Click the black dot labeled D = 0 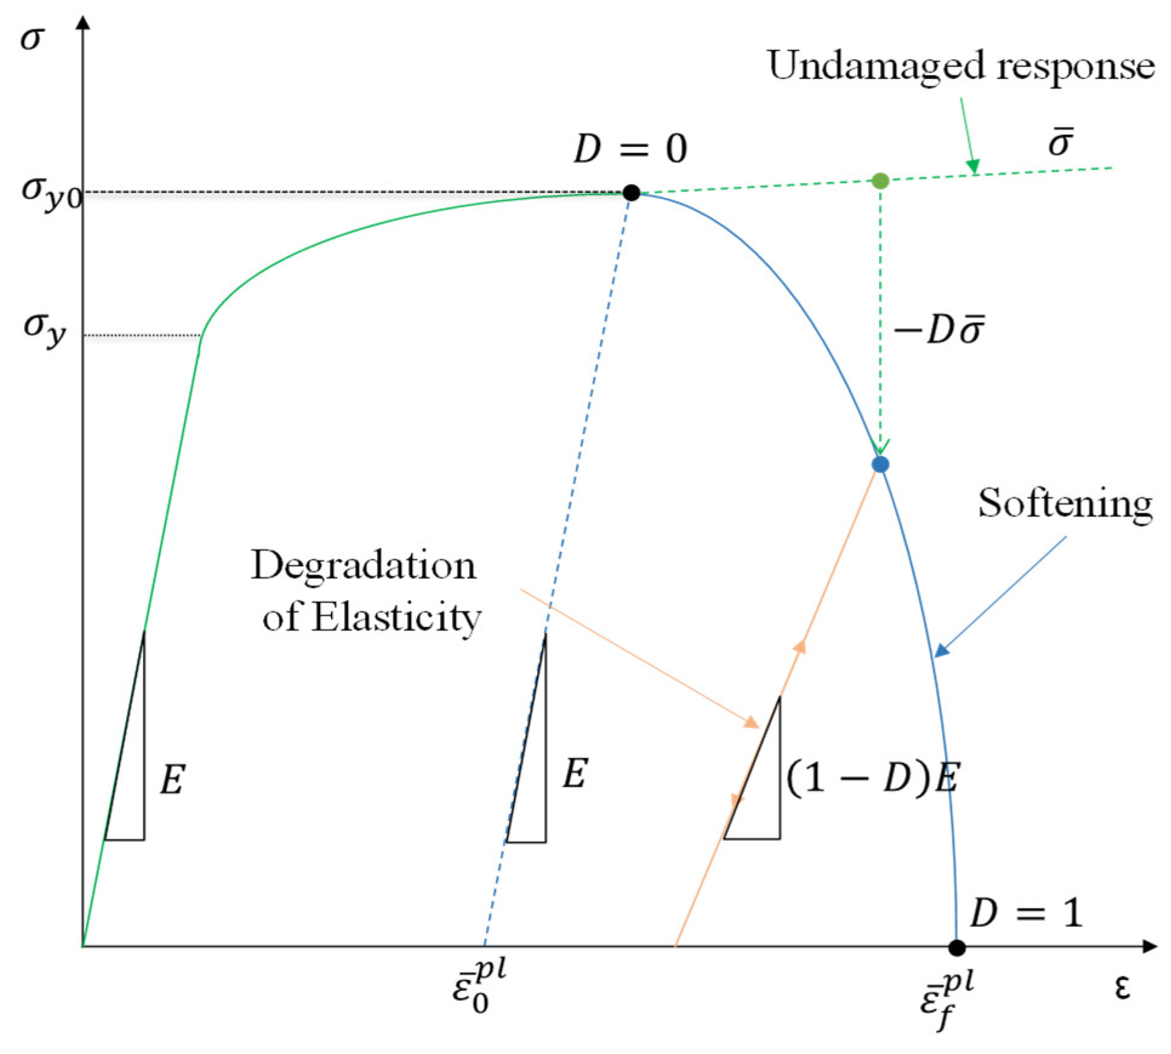coord(631,193)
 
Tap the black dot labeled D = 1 coord(956,947)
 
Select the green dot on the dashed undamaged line coord(880,181)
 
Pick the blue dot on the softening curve coord(880,464)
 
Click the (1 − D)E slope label coord(873,777)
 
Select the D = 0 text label coord(630,148)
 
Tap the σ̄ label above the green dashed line coord(1061,142)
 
